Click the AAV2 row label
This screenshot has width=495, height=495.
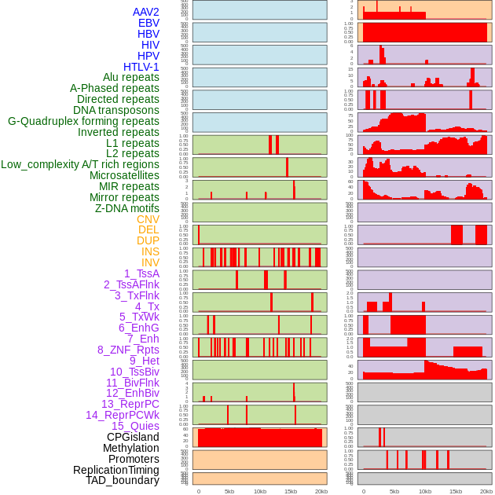point(145,12)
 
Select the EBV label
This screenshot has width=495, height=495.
point(148,23)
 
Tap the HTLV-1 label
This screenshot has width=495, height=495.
point(141,67)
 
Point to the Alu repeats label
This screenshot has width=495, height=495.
point(131,78)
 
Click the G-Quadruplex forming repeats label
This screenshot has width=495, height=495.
point(83,121)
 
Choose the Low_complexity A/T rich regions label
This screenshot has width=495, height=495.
point(80,164)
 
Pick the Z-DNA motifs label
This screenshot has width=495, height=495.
point(126,208)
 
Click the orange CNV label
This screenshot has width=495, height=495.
point(148,219)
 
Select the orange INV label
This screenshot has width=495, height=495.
point(150,262)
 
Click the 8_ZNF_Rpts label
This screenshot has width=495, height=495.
point(128,350)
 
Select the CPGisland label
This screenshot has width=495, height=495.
point(133,437)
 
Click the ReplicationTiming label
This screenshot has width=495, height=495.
point(116,470)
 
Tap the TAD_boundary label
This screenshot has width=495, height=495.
point(123,480)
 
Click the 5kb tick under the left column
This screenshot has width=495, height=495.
point(229,491)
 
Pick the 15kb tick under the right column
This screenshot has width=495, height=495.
point(456,491)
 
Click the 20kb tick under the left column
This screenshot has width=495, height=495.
point(321,491)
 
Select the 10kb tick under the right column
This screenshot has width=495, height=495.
point(425,491)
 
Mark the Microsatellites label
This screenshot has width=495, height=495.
point(124,175)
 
